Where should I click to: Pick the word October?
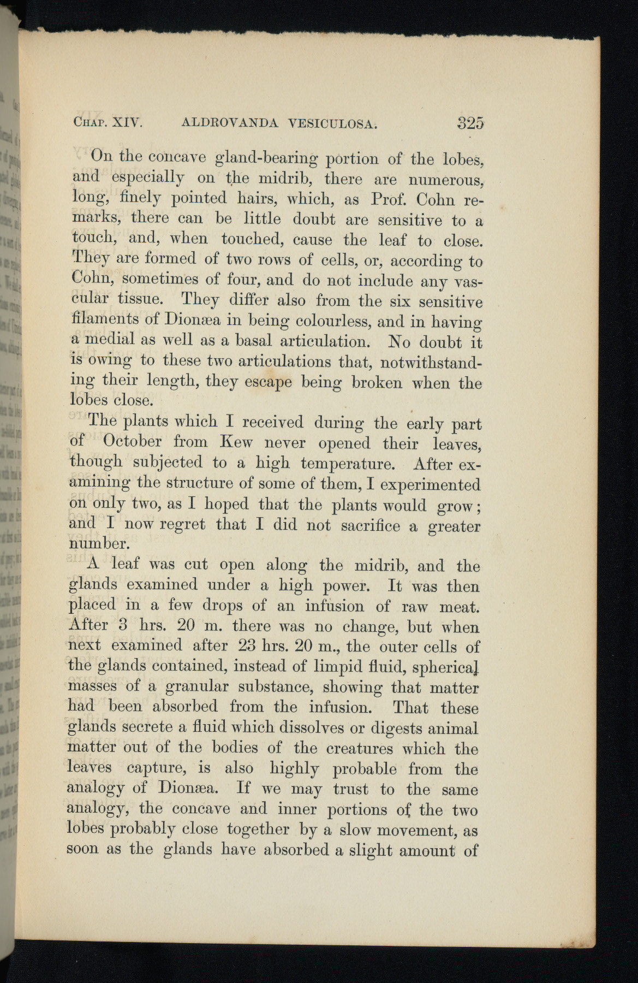pos(132,442)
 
